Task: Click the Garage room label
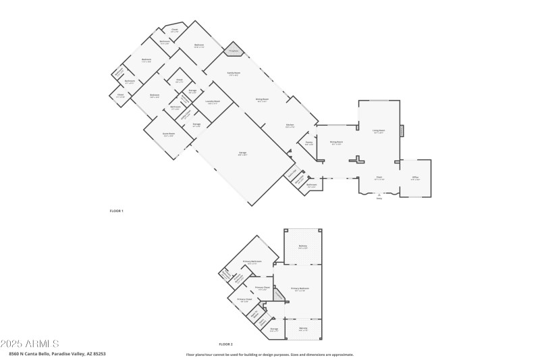point(242,153)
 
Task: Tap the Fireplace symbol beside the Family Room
point(234,51)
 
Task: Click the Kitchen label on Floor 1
point(290,126)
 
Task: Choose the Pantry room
point(308,143)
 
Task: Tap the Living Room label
point(379,131)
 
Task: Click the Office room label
point(415,178)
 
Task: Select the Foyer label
point(379,178)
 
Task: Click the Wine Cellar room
point(292,173)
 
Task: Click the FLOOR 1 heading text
point(117,211)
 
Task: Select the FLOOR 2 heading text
point(225,344)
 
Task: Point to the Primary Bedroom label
point(300,289)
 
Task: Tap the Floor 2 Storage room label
point(273,330)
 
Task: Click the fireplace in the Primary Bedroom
point(268,295)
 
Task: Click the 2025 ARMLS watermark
point(30,344)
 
